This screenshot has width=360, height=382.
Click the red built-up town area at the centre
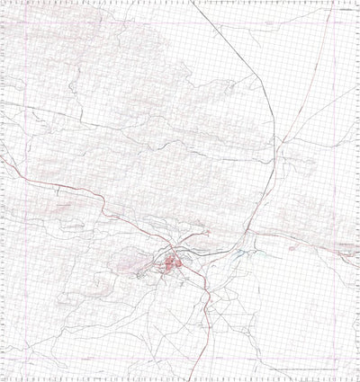170,263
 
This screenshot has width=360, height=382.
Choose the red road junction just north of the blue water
236,241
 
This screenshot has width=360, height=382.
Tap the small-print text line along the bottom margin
306,369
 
